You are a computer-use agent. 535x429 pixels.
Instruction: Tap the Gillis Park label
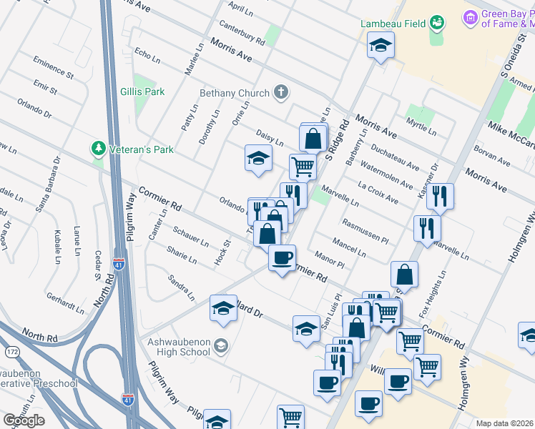coord(142,92)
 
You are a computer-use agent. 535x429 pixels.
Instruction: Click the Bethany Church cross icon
coord(281,92)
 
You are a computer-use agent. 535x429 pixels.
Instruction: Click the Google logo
coord(24,420)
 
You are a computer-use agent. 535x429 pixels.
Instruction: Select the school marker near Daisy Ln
coord(258,158)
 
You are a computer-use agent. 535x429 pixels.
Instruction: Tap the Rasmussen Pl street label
coord(365,230)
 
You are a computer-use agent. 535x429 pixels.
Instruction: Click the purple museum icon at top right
coord(470,16)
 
